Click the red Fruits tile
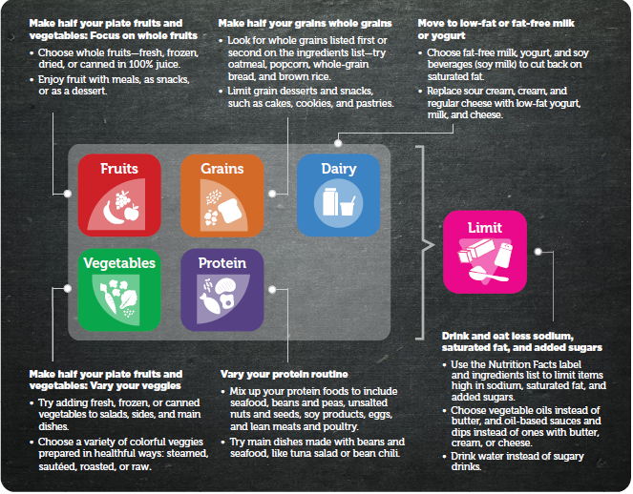(119, 196)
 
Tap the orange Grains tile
(222, 196)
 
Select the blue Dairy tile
(339, 196)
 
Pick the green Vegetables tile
(119, 290)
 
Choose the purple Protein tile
(222, 290)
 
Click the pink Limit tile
(485, 252)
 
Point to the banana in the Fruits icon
(112, 213)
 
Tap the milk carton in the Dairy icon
(330, 201)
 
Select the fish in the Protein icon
(210, 302)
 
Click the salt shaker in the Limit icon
(503, 255)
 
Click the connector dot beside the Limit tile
(538, 252)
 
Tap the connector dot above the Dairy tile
(338, 143)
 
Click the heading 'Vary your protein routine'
(285, 374)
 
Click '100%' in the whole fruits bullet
(140, 64)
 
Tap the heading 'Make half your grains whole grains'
(306, 24)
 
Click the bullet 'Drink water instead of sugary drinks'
(517, 462)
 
